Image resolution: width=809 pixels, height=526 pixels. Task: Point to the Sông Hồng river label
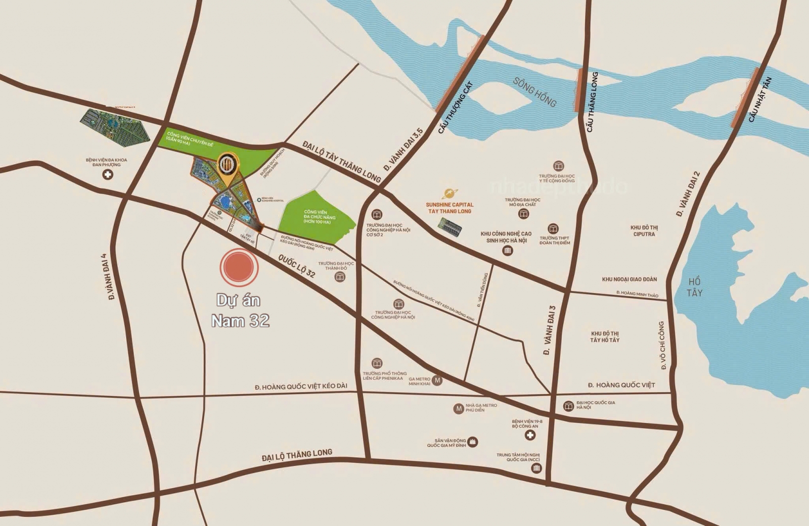click(534, 92)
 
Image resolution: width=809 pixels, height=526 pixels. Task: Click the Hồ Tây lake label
click(695, 286)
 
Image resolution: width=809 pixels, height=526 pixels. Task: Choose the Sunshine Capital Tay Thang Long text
click(449, 208)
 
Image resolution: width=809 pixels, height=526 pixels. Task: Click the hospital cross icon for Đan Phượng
click(107, 175)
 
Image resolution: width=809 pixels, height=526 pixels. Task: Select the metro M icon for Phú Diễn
click(459, 408)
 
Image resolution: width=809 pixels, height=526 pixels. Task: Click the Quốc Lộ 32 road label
click(296, 266)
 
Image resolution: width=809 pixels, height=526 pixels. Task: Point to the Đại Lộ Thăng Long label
click(297, 455)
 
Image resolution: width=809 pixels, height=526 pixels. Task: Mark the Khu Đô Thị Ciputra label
click(644, 231)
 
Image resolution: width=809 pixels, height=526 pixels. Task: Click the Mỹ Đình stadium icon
click(473, 442)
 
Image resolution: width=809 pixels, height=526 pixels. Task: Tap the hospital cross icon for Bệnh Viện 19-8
click(530, 435)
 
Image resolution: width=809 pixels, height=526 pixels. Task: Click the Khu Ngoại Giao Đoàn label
click(630, 279)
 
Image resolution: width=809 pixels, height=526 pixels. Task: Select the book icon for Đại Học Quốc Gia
click(568, 406)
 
